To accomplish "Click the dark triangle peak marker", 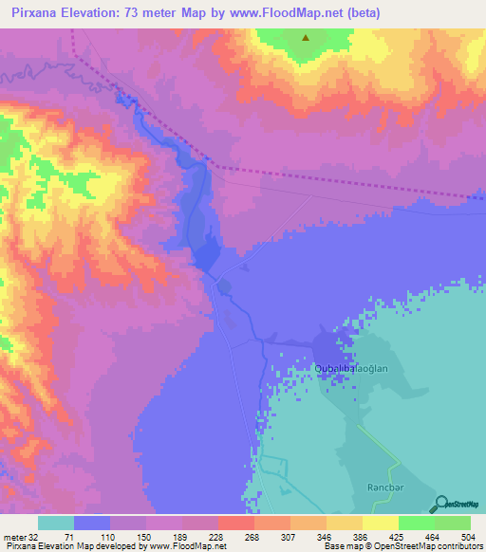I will click(x=306, y=39).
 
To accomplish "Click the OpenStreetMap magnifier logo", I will click(x=440, y=505).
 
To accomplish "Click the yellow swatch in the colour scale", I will click(x=380, y=524).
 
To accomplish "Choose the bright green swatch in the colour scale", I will click(x=416, y=524).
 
